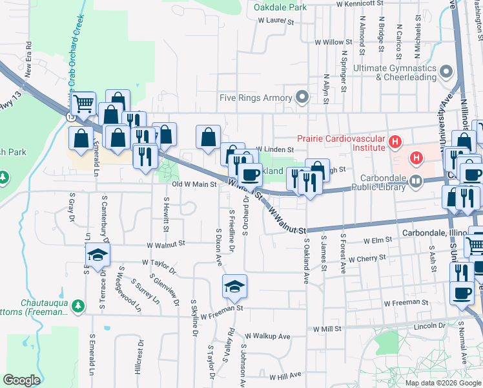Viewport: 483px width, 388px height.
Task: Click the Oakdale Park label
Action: coord(280,7)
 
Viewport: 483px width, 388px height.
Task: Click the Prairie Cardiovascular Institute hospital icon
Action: coord(393,140)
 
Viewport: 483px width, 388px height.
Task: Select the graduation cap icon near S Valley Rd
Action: coord(234,285)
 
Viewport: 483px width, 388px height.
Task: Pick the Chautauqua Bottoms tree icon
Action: coord(78,305)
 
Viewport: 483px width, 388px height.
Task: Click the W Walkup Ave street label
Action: coord(268,336)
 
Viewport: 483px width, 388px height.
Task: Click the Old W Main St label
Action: coord(194,184)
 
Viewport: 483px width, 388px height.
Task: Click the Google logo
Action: coord(21,380)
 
